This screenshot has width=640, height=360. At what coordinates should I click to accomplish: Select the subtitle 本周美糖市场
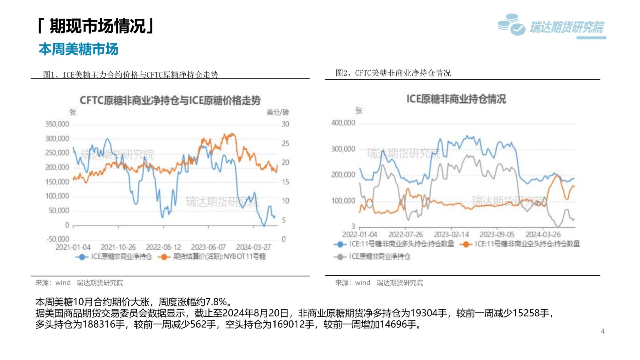click(78, 49)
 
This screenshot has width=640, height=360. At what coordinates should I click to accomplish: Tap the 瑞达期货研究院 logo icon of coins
click(511, 25)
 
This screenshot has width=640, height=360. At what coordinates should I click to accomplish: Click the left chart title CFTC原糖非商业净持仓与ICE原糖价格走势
click(170, 100)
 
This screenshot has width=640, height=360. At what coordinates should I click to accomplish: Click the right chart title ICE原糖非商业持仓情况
click(456, 99)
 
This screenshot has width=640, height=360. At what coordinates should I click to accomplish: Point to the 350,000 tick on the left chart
click(57, 124)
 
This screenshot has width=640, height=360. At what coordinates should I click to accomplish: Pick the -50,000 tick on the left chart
click(58, 239)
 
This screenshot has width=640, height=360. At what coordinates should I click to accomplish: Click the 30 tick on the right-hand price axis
click(285, 124)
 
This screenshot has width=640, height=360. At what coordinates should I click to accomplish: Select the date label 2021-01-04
click(73, 247)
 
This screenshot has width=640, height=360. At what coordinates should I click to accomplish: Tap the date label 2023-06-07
click(208, 247)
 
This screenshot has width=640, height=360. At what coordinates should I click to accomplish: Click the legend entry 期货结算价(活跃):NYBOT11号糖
click(219, 256)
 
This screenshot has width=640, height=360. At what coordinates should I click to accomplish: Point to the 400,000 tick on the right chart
click(343, 123)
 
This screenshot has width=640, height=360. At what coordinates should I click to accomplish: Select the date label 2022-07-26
click(406, 234)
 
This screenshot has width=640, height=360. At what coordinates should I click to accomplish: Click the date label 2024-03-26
click(543, 234)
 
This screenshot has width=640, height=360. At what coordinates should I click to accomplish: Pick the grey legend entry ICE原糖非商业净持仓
click(379, 256)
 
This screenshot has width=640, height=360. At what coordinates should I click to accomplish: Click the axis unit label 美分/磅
click(278, 112)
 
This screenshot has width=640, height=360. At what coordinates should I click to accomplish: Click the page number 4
click(602, 331)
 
